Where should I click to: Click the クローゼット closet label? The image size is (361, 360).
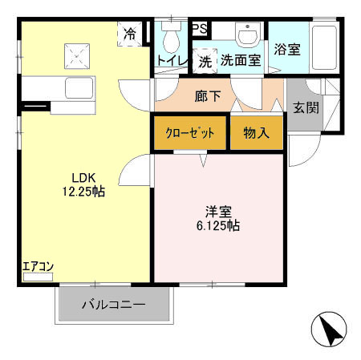(x=189, y=133)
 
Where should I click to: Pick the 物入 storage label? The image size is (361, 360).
(x=256, y=133)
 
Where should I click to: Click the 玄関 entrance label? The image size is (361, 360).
(x=306, y=107)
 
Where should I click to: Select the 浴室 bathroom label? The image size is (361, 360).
(x=287, y=49)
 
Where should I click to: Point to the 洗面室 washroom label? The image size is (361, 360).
(x=241, y=59)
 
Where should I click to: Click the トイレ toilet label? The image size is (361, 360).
(x=171, y=59)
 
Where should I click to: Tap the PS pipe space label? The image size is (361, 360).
(x=200, y=29)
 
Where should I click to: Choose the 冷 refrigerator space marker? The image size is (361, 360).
(x=130, y=34)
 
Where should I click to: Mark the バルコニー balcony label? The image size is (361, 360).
(x=113, y=305)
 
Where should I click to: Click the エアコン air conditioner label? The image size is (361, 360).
(x=38, y=266)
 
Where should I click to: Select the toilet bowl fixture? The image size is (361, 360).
(x=169, y=35)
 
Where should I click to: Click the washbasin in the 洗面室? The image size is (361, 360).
(x=247, y=36)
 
